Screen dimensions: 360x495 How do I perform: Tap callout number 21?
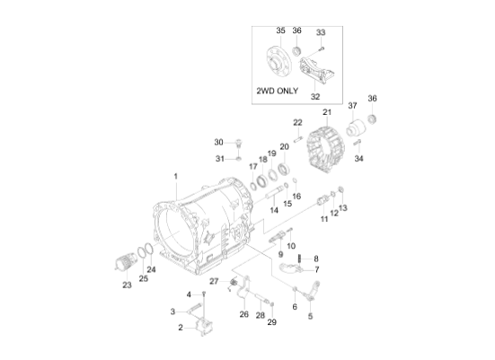pos(327,112)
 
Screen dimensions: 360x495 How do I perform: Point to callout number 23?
pos(127,285)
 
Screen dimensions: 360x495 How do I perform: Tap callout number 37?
pos(352,106)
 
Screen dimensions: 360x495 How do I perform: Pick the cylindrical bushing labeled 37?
pos(359,125)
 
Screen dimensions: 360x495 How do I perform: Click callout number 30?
pos(218,142)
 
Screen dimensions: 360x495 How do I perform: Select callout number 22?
pos(297,122)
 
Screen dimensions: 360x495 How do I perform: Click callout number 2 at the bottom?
pos(181,328)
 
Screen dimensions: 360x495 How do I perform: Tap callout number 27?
pos(215,282)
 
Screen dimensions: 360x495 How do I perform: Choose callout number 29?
pos(273,320)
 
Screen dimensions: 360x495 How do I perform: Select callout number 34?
pos(360,159)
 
